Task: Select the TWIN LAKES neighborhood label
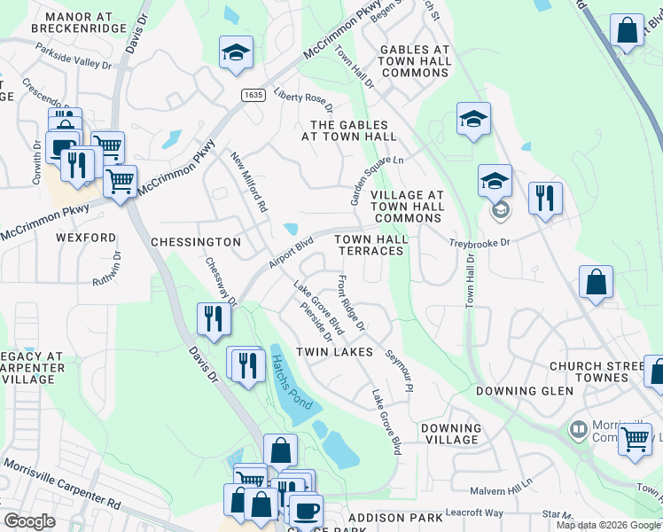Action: click(x=334, y=352)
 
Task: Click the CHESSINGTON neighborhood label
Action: click(x=196, y=241)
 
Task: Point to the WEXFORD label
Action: click(x=86, y=238)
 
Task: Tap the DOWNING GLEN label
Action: click(x=520, y=391)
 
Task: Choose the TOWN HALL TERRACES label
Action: click(x=370, y=245)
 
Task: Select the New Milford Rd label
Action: click(x=249, y=181)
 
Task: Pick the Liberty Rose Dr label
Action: click(x=303, y=99)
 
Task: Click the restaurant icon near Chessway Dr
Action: click(x=213, y=317)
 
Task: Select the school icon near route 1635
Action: click(x=236, y=52)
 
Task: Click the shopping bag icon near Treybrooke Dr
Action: click(x=597, y=282)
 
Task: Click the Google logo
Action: click(x=29, y=521)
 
